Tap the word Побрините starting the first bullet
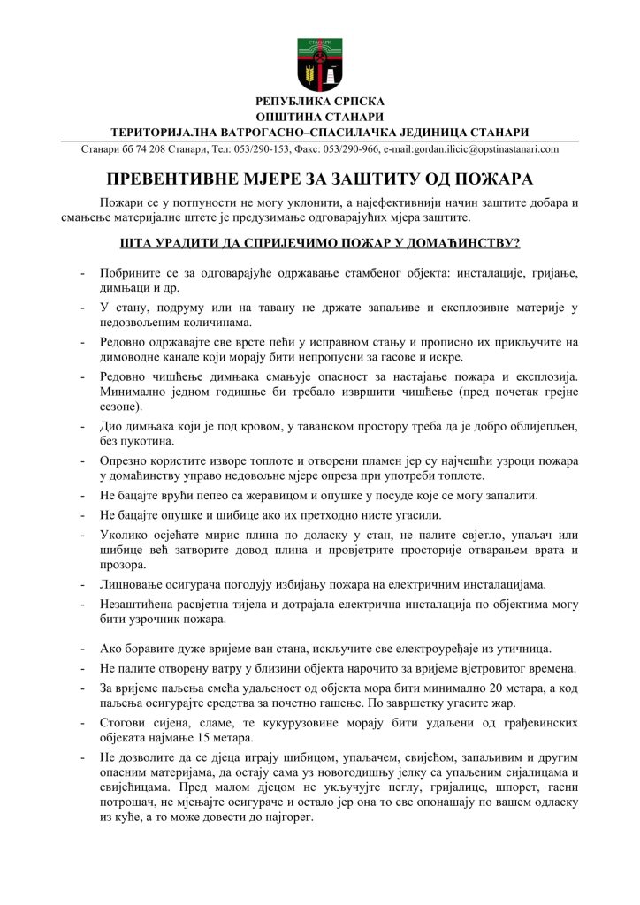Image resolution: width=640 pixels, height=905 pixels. [131, 274]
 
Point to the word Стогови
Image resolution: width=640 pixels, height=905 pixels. [123, 723]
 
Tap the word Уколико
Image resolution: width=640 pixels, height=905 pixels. [126, 534]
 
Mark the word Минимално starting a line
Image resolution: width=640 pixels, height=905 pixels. [133, 392]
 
